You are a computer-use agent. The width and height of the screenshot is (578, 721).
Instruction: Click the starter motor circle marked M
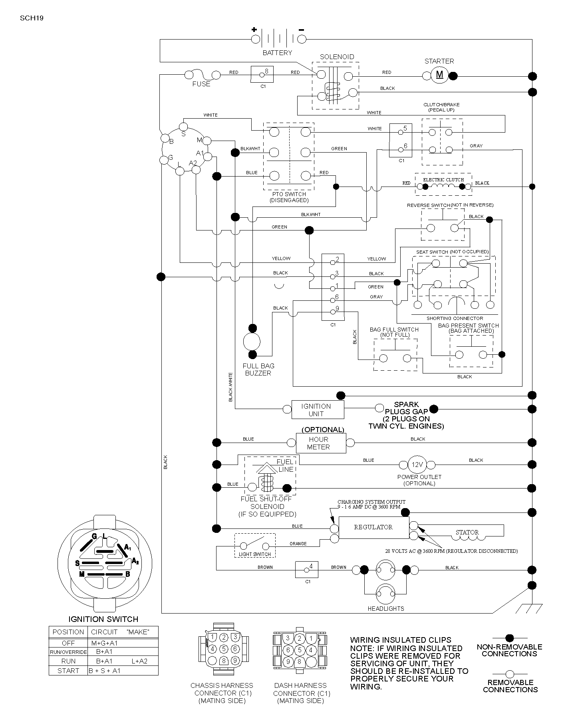point(440,75)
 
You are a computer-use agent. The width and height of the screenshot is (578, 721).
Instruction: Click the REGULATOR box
point(374,527)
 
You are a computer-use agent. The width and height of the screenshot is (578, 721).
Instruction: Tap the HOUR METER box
point(321,443)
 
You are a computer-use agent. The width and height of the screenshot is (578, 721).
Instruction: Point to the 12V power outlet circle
point(417,465)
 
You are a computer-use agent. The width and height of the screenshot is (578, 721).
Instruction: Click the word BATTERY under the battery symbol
point(277,53)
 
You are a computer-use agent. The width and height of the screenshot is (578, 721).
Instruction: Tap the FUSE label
point(201,84)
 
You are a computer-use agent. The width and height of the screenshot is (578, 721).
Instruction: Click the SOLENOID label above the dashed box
point(337,57)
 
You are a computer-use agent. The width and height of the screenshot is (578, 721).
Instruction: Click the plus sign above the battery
point(254,29)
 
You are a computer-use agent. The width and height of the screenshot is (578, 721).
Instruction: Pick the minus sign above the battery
point(301,30)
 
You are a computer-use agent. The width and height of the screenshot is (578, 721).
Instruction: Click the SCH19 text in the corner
point(32,18)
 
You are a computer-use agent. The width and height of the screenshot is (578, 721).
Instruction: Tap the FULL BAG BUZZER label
point(258,369)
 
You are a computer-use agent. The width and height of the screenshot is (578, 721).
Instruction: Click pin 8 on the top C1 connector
point(262,74)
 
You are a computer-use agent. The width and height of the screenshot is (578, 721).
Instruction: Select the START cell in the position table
point(68,671)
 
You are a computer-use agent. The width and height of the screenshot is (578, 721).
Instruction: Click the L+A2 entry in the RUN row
point(139,661)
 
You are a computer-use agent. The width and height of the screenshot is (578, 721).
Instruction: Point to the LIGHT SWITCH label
point(255,554)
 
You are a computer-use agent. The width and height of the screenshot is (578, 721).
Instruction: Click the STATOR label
point(467,532)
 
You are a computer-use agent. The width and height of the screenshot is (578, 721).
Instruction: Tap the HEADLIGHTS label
point(386,609)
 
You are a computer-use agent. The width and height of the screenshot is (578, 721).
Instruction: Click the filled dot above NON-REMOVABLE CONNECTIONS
point(510,638)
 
